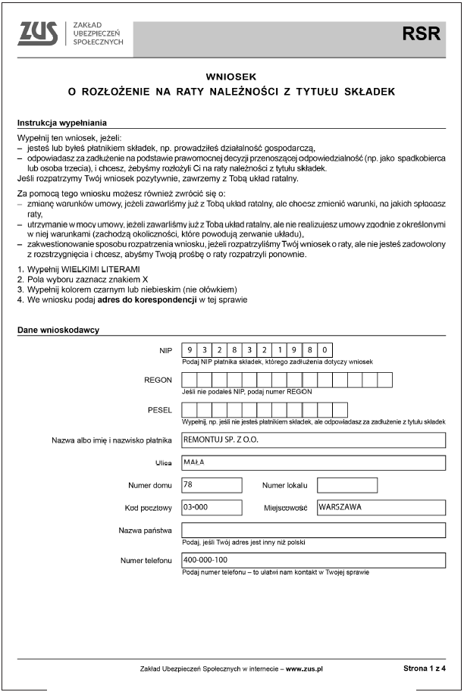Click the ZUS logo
39,33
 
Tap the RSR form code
419,33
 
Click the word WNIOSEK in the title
232,77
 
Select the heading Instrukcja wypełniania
61,123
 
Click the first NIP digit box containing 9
190,350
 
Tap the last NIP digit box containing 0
325,350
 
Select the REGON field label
158,380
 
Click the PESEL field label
159,409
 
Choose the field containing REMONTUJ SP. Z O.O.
313,440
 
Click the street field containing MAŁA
313,462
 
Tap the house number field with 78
212,485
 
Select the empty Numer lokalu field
346,485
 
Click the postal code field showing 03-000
212,507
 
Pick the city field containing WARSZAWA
381,507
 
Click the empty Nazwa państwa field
313,530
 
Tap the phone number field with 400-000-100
313,560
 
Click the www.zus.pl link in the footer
304,669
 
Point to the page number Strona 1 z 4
424,669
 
